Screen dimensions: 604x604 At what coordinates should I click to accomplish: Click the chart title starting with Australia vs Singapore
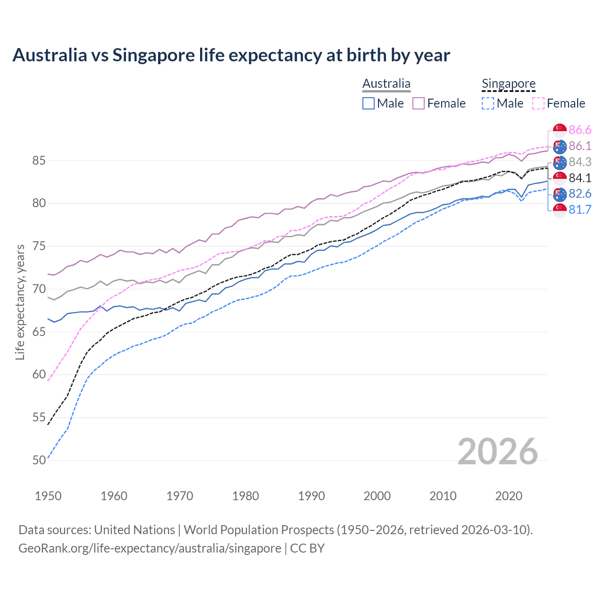pos(231,55)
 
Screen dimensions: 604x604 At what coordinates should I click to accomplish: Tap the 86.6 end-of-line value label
pos(580,130)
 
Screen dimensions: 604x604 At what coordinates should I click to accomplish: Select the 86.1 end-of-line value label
pos(580,146)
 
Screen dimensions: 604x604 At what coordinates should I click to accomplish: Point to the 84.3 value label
pos(580,162)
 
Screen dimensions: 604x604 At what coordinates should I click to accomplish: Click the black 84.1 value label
pos(580,178)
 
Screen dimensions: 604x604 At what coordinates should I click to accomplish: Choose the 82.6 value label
pos(580,193)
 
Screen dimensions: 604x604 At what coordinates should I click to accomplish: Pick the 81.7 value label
pos(580,210)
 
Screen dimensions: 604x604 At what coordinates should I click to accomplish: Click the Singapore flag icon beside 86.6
pos(560,130)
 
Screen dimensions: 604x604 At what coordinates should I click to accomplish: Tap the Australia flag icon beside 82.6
pos(560,193)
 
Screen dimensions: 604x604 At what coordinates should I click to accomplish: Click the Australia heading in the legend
pos(386,84)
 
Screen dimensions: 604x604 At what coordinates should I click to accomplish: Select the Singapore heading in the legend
pos(508,84)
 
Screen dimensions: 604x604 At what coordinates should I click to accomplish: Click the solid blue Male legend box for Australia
pos(369,103)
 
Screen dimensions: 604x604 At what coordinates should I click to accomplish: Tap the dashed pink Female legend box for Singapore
pos(538,103)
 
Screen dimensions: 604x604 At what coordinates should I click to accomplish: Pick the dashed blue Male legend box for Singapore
pos(488,103)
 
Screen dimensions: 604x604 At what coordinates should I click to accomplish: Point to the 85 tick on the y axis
pos(39,161)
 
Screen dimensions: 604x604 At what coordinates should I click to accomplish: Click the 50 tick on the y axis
pos(39,460)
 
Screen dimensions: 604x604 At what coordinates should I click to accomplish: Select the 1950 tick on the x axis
pos(48,496)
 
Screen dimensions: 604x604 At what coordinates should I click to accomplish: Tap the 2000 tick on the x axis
pos(377,496)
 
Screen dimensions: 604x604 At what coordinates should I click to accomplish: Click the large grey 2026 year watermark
pos(497,452)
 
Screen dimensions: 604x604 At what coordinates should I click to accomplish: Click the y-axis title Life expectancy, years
pos(20,302)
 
